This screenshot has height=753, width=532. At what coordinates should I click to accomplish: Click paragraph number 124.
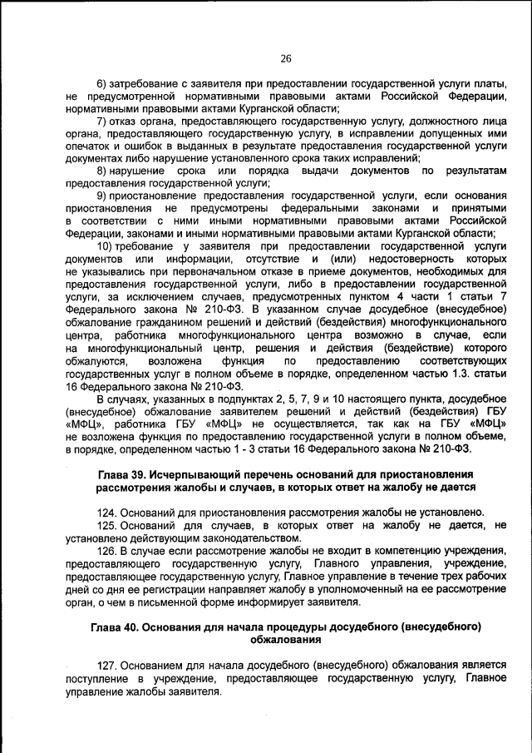point(109,511)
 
